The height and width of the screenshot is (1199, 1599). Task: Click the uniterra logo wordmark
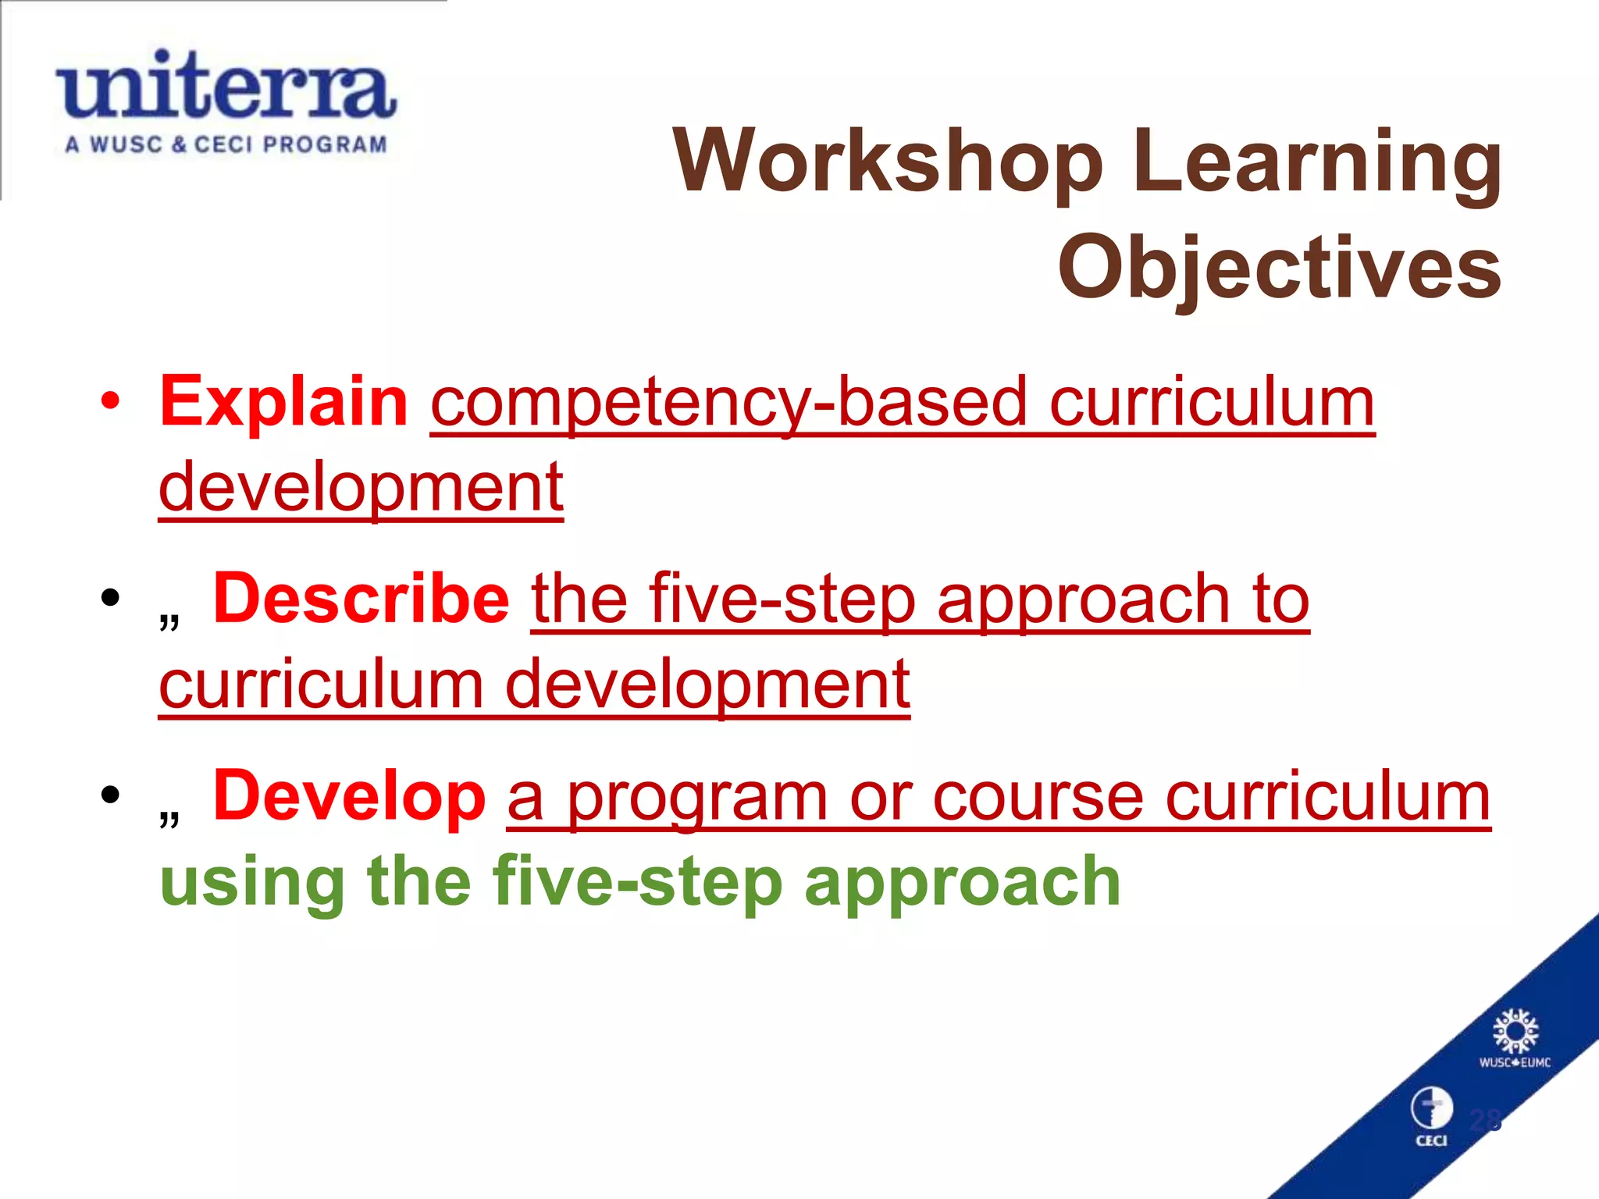click(x=226, y=86)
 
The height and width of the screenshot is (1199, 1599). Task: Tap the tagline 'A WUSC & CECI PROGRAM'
click(x=226, y=145)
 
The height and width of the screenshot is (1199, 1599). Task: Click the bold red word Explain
click(x=283, y=401)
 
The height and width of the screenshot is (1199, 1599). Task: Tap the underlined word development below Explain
click(x=361, y=487)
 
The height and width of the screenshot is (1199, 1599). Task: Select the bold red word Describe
click(x=361, y=599)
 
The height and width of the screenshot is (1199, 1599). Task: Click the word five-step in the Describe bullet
click(x=781, y=601)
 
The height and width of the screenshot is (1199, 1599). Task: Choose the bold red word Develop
click(x=349, y=795)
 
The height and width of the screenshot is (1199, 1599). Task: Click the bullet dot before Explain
click(x=111, y=401)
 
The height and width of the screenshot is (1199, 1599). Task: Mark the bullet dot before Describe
click(x=111, y=599)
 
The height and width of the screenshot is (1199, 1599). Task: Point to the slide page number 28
click(x=1485, y=1121)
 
